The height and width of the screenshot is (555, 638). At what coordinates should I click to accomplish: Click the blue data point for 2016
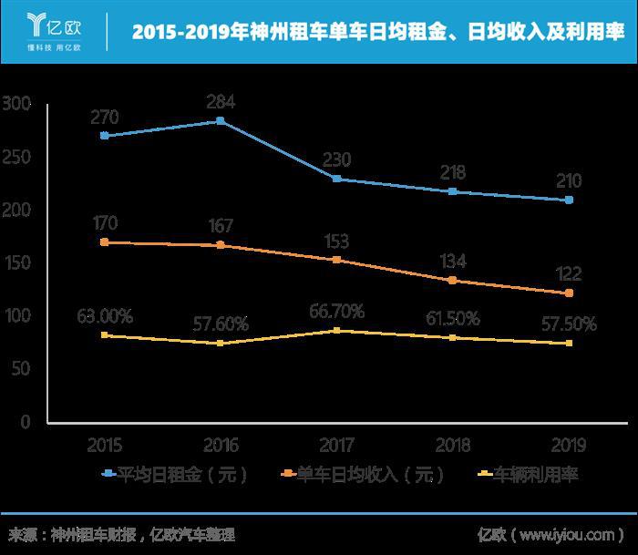tap(221, 120)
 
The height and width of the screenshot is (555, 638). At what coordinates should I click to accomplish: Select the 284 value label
tap(221, 101)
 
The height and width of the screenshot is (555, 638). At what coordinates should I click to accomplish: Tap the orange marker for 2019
tap(569, 293)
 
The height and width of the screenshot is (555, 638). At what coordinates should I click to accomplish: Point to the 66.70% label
tap(336, 312)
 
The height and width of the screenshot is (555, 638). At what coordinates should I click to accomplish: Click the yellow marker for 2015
tap(105, 335)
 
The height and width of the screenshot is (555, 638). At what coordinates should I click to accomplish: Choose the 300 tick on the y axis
tap(16, 105)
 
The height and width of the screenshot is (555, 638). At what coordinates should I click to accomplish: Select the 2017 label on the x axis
tap(336, 446)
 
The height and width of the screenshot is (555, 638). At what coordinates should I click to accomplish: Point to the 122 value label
tap(569, 273)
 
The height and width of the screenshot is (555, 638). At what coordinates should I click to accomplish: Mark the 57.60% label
tap(221, 323)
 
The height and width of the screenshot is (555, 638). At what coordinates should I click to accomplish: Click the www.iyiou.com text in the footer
tap(573, 534)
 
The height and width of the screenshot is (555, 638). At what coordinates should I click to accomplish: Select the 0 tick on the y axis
tap(26, 422)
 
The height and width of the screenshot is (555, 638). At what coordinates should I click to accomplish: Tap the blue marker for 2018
tap(453, 191)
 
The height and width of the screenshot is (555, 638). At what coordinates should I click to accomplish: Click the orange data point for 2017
tap(336, 260)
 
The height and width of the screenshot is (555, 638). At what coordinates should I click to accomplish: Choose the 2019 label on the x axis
tap(569, 446)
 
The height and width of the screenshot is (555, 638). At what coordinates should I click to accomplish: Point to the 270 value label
tap(105, 117)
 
